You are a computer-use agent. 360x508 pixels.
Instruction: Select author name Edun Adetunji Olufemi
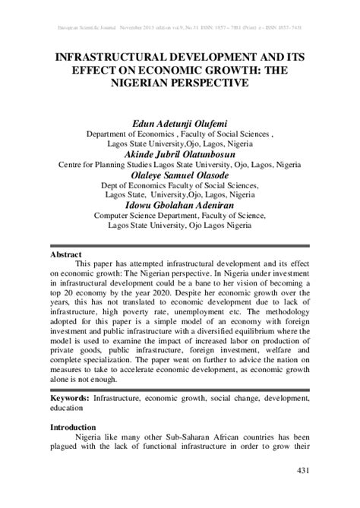pyautogui.click(x=180, y=121)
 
